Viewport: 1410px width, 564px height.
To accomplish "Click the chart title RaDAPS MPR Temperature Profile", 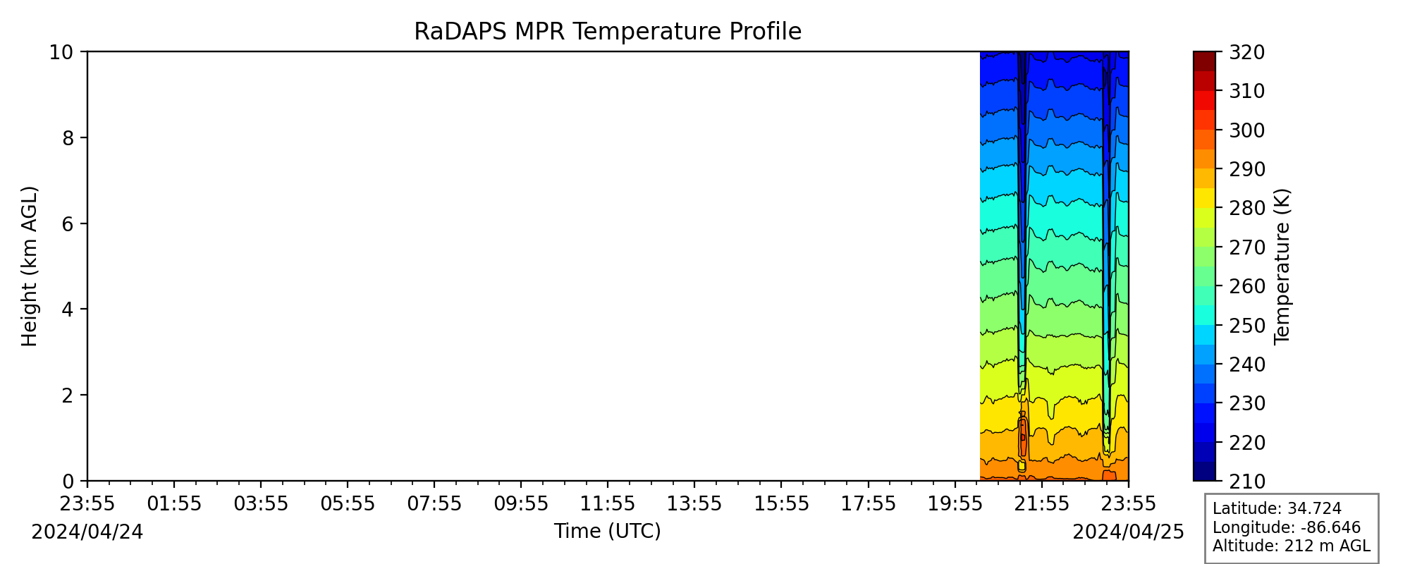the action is (608, 32).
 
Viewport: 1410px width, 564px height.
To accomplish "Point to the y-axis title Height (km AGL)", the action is (29, 266).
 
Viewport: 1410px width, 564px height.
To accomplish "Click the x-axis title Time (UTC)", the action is (608, 531).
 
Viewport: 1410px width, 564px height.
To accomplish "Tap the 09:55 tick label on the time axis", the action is (521, 503).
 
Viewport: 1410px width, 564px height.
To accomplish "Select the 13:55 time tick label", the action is (694, 503).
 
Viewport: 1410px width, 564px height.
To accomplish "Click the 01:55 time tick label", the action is (174, 503).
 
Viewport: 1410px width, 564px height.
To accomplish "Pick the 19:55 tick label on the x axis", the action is (955, 503).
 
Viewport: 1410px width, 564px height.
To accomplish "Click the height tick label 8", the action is (68, 137).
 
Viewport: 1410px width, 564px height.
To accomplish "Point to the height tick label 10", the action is (62, 52).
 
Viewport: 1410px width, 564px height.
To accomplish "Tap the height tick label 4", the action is (68, 309).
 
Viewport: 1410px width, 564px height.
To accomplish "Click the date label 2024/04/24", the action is (87, 532).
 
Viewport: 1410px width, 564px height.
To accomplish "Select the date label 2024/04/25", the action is (1129, 532).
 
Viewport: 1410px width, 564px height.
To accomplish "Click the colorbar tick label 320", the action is (1247, 52).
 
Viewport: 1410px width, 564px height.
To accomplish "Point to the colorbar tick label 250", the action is (1247, 326).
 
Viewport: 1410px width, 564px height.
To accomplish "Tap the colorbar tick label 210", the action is (1247, 482).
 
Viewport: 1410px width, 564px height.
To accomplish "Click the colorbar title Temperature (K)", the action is (1282, 266).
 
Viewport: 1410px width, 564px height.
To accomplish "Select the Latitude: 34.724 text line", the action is (1277, 509).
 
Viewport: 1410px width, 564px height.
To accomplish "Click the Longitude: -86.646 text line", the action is (1287, 527).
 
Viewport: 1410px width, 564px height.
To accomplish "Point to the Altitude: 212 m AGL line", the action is (1291, 546).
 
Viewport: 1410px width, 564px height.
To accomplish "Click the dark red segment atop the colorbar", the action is (1204, 61).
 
